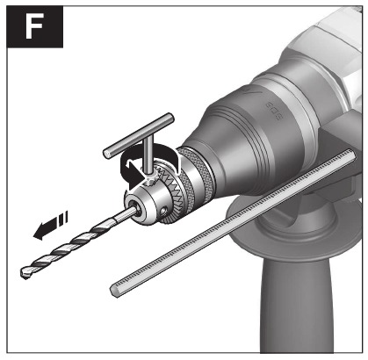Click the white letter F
coord(34,26)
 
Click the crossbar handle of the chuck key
coord(139,136)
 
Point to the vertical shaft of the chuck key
coord(148,156)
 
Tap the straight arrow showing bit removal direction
coord(50,225)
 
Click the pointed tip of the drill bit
coord(25,273)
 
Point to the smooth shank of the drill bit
coord(124,215)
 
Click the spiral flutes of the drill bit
coord(68,247)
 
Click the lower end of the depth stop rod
coord(115,291)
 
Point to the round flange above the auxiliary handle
coord(292,231)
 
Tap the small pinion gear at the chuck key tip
coord(149,178)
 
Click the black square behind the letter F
coord(35,26)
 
